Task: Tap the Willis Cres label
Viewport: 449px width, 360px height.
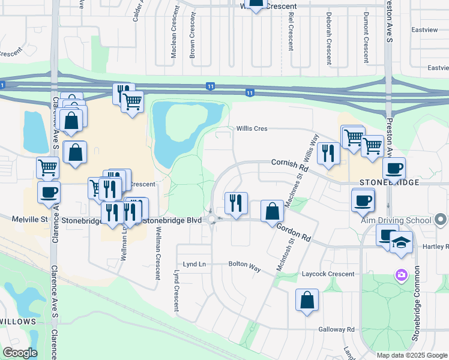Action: (x=252, y=128)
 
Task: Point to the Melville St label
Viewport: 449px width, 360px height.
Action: (x=29, y=220)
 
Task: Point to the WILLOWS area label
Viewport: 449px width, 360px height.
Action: (x=18, y=322)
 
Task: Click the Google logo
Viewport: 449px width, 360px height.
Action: (x=20, y=353)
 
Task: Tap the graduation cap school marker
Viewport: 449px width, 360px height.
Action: (x=400, y=243)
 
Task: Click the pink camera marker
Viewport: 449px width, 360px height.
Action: (x=400, y=275)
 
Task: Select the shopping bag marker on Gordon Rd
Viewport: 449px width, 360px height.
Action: (x=273, y=211)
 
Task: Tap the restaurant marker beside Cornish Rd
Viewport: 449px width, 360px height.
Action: (x=328, y=153)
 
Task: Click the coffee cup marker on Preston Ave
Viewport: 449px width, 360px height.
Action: (x=394, y=169)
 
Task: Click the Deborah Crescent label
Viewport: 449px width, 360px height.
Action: (x=329, y=38)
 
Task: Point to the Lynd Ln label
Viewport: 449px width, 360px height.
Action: (x=194, y=265)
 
